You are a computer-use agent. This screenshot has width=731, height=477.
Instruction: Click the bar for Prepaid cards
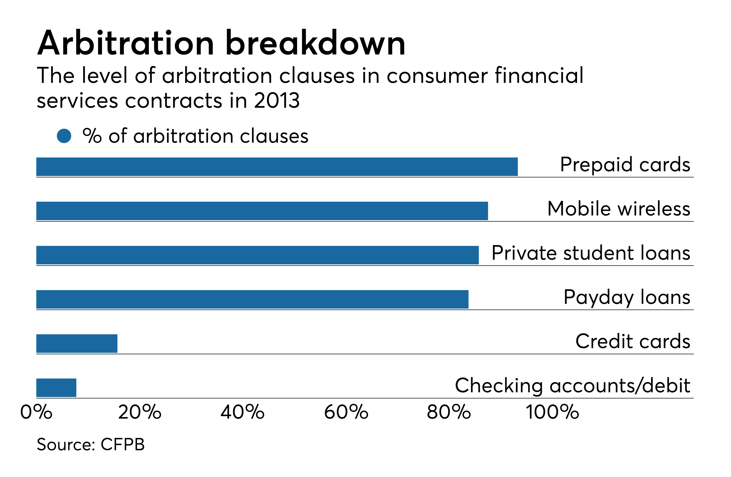point(276,167)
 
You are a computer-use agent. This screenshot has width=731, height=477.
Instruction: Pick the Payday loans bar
point(252,299)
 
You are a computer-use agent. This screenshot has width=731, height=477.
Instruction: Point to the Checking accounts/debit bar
point(56,388)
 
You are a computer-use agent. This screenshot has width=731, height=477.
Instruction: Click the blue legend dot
point(64,136)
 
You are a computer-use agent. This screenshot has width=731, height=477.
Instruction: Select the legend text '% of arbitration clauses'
point(195,136)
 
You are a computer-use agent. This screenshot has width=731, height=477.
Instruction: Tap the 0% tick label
point(36,412)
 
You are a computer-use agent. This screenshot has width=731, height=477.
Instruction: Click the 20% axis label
point(140,412)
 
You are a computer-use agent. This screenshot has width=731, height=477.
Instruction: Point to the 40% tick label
point(243,412)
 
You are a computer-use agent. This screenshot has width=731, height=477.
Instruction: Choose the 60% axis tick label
point(346,412)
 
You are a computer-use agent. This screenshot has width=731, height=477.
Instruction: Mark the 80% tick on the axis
point(449,412)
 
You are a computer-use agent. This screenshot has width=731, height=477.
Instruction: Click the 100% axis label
point(552,412)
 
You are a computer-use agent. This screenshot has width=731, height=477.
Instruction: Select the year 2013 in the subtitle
point(276,101)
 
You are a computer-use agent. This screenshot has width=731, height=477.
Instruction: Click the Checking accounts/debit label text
point(572,386)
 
